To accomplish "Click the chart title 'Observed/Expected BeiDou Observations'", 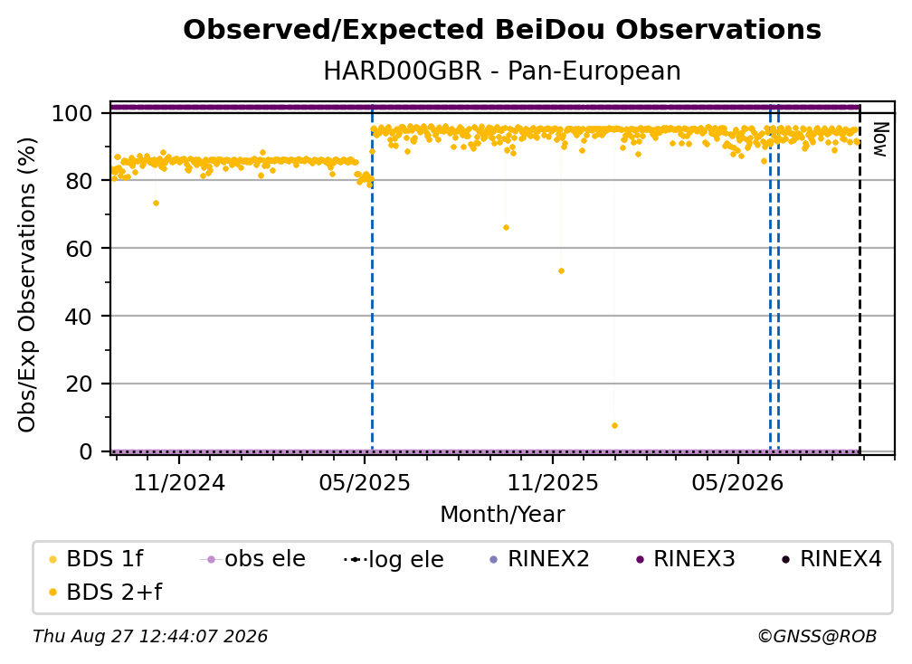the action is point(502,30).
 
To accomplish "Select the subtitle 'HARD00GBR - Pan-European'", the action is point(502,71).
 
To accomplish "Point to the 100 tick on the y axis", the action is point(72,113).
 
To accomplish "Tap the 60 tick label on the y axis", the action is point(79,248).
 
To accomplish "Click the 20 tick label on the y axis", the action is point(79,384).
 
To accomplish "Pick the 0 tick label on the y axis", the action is point(86,451).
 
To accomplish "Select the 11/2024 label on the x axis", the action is point(179,482).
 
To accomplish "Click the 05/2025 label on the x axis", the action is point(365,482).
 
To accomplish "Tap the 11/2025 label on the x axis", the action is point(553,482).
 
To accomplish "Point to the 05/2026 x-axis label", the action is point(738,482).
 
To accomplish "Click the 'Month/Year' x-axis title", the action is point(502,515).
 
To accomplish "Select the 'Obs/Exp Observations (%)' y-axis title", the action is point(27,284).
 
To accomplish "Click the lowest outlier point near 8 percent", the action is point(615,425).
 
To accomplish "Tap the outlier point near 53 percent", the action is point(561,271).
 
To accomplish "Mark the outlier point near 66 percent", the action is point(506,227).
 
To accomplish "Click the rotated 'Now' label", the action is point(880,139).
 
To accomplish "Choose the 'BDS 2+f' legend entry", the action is point(105,592).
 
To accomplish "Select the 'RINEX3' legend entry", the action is point(686,559).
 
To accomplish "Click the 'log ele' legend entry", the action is point(394,559).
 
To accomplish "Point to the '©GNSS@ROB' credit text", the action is point(817,636).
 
